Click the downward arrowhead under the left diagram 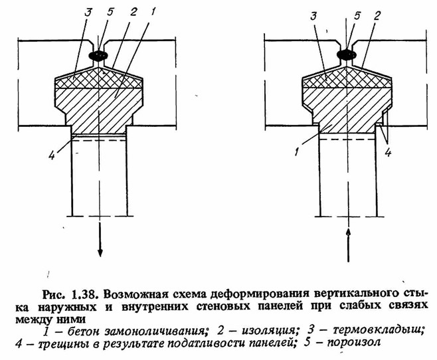pyautogui.click(x=100, y=252)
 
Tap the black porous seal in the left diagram pyautogui.click(x=98, y=55)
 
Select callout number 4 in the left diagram pyautogui.click(x=52, y=155)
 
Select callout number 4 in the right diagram pyautogui.click(x=388, y=153)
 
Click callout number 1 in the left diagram pyautogui.click(x=153, y=11)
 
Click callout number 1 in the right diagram pyautogui.click(x=298, y=152)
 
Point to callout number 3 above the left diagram pyautogui.click(x=88, y=12)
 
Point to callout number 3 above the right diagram pyautogui.click(x=314, y=16)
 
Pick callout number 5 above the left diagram pyautogui.click(x=110, y=12)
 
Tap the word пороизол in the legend pyautogui.click(x=353, y=342)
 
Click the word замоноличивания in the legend pyautogui.click(x=154, y=331)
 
